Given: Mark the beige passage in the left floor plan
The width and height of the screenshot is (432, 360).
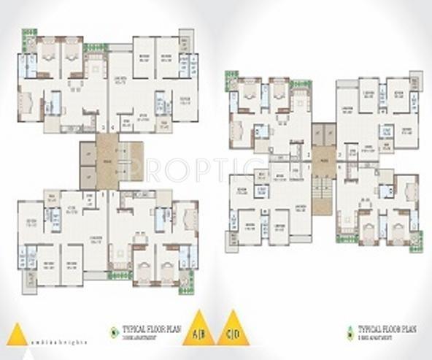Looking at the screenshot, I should tap(107, 161).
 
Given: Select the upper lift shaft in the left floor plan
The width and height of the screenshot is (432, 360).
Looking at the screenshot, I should tap(88, 153).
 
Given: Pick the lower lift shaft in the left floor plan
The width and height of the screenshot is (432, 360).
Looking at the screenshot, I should tap(88, 176).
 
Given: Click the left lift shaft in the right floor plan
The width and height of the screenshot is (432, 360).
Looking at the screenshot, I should tap(317, 133).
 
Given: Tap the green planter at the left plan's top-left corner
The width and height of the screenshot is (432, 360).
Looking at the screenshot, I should tap(29, 34).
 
